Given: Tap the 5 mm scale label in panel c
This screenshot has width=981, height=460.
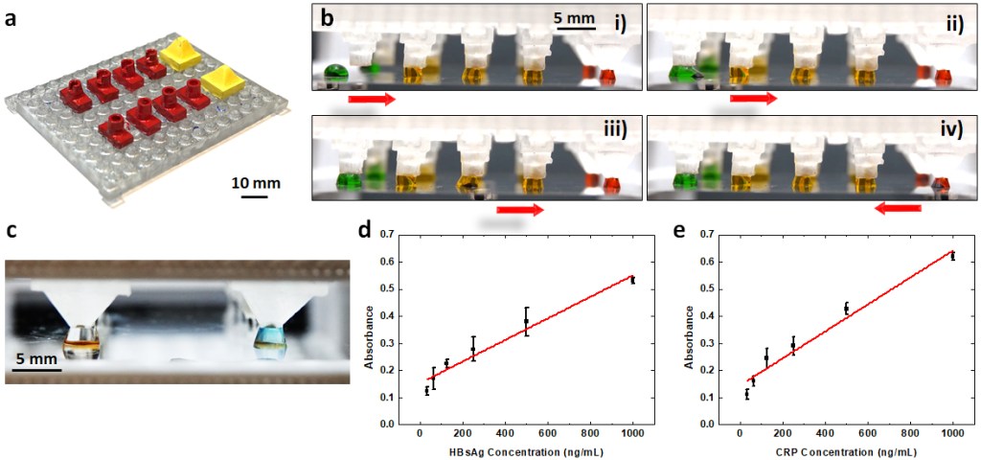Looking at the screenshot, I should (x=34, y=359).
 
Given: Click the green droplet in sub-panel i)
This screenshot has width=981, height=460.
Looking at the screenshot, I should (x=334, y=71).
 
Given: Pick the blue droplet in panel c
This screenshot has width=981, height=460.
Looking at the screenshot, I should (x=265, y=336).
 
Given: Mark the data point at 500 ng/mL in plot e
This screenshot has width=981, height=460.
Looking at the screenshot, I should (x=846, y=308).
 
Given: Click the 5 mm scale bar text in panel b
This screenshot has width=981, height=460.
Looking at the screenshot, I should (x=572, y=17).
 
